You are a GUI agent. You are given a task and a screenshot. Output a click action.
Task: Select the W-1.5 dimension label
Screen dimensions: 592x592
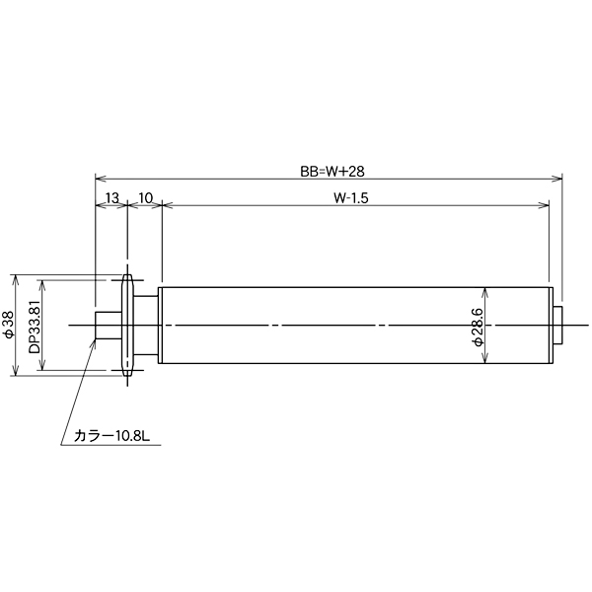point(351,197)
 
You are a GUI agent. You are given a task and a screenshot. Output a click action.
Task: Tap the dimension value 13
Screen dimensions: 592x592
point(111,197)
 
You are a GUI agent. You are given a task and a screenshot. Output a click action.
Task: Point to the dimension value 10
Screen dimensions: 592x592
point(144,197)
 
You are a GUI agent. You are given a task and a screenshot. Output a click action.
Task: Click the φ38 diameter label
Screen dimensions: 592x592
point(9,325)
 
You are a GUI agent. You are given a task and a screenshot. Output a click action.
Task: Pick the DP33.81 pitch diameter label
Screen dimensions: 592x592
point(35,325)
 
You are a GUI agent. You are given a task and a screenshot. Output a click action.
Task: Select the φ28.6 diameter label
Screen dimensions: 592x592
point(477,325)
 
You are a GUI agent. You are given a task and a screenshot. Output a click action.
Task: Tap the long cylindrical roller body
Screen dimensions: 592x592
point(355,325)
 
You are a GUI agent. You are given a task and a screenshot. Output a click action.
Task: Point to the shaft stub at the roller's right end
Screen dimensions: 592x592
point(558,325)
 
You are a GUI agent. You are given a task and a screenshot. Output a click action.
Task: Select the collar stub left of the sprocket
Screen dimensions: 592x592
point(107,325)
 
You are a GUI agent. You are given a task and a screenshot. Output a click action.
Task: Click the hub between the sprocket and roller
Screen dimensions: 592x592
point(146,325)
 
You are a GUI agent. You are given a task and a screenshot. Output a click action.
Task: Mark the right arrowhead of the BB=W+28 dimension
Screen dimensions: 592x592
point(557,179)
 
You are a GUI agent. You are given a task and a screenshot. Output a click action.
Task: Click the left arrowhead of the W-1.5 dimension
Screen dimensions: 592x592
point(164,205)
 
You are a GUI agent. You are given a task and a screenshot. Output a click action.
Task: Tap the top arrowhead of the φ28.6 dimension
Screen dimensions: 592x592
point(483,291)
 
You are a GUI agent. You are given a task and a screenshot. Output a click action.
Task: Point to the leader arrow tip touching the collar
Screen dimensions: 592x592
point(96,338)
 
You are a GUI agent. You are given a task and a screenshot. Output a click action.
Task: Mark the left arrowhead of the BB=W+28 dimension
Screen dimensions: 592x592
point(99,179)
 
